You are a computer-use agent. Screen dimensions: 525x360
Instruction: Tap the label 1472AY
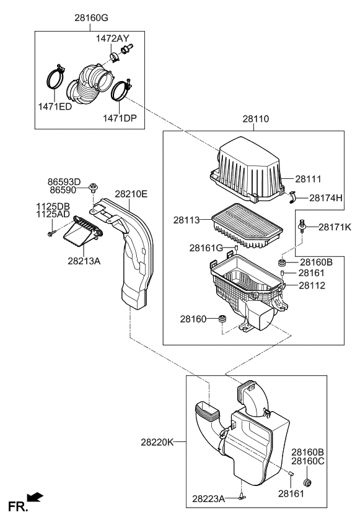pos(112,38)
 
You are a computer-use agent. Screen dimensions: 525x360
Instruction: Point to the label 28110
pos(256,120)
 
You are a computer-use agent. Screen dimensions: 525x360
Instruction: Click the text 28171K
pos(335,228)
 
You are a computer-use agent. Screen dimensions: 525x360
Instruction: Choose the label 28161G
pos(206,248)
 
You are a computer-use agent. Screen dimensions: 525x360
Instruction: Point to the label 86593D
pos(64,181)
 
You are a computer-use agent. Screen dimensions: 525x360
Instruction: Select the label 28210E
pos(131,194)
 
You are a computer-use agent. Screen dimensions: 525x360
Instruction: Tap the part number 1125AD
pos(53,213)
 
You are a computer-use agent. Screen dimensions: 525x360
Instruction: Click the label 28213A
pos(84,261)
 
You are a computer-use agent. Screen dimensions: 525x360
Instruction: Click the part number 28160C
pos(308,461)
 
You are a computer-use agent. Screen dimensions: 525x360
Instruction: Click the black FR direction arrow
pos(36,497)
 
